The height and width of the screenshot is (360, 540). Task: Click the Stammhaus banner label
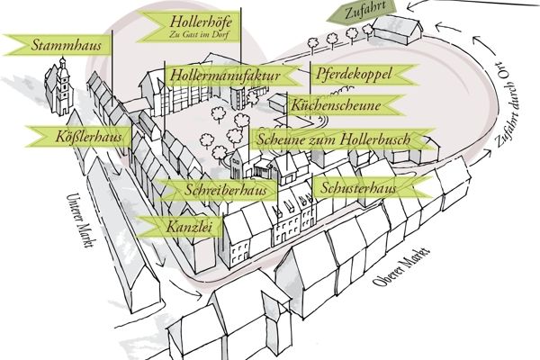click(x=58, y=45)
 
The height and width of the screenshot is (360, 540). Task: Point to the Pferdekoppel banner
click(x=364, y=74)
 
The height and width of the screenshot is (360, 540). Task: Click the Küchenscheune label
click(x=345, y=105)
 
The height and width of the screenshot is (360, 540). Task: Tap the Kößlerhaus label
click(x=78, y=137)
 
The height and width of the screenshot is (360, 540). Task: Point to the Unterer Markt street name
click(x=80, y=220)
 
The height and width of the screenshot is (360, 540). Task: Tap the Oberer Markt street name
click(x=401, y=266)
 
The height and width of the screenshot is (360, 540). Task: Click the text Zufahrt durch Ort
click(x=508, y=103)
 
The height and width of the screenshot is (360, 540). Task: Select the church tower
click(x=63, y=86)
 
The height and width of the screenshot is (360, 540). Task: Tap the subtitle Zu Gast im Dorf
click(x=199, y=34)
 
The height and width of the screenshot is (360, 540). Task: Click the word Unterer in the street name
click(x=74, y=207)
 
